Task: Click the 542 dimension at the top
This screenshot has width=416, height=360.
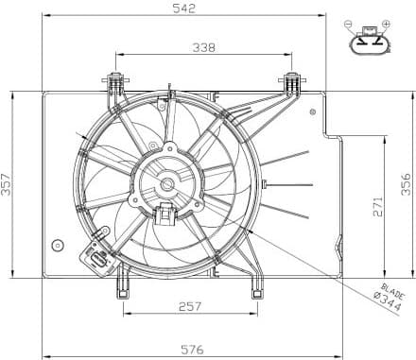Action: point(185,9)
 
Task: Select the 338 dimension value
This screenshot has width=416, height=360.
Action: point(202,46)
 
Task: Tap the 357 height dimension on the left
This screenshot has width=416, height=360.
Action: point(8,185)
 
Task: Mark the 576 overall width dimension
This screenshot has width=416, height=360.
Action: point(193,349)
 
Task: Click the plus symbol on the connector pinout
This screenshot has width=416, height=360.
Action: point(386,23)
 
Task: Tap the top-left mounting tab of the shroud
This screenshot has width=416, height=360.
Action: point(116,81)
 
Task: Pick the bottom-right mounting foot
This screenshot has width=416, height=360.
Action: point(256,285)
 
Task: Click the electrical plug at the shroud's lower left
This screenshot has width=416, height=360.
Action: point(96,254)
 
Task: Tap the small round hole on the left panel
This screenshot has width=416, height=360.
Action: point(59,247)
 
